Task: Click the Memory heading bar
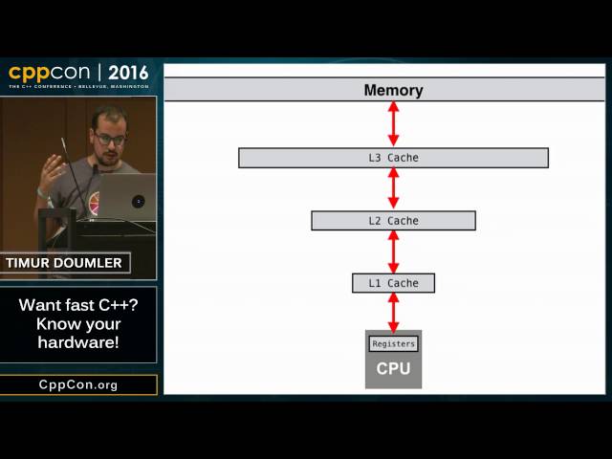click(384, 90)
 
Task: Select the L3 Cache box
click(393, 158)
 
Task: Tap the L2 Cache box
click(393, 221)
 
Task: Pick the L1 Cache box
click(393, 283)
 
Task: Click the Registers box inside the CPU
click(393, 344)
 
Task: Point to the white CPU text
click(393, 368)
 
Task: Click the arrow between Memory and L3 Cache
click(393, 124)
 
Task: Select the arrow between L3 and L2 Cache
click(393, 189)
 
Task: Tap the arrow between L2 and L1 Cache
click(393, 251)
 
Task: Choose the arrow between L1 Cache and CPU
click(393, 313)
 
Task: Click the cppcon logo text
click(50, 73)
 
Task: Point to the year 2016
click(128, 73)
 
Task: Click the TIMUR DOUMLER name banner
click(64, 263)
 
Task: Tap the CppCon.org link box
click(78, 384)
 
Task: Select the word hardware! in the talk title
click(78, 342)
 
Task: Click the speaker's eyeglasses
click(110, 139)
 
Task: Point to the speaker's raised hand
click(53, 172)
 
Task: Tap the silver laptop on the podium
click(125, 196)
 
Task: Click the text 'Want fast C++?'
click(78, 305)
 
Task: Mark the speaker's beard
click(108, 157)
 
